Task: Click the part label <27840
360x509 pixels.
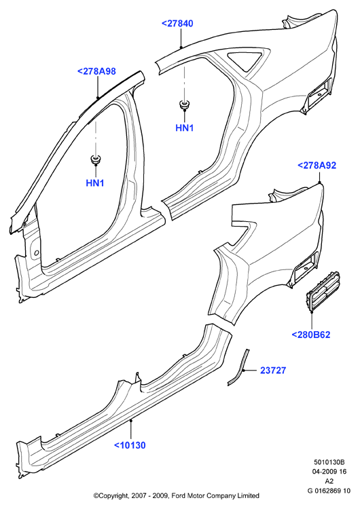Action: [177, 23]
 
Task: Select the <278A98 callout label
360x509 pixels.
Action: [96, 71]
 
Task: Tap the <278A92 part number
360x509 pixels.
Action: [317, 166]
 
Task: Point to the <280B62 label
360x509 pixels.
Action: [311, 335]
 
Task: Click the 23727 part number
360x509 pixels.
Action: [273, 371]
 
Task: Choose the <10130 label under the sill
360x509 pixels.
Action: [130, 445]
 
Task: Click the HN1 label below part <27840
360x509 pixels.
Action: [185, 128]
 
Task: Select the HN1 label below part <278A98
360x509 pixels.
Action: [95, 183]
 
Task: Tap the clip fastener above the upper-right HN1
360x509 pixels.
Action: [185, 105]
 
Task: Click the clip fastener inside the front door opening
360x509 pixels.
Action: [95, 159]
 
